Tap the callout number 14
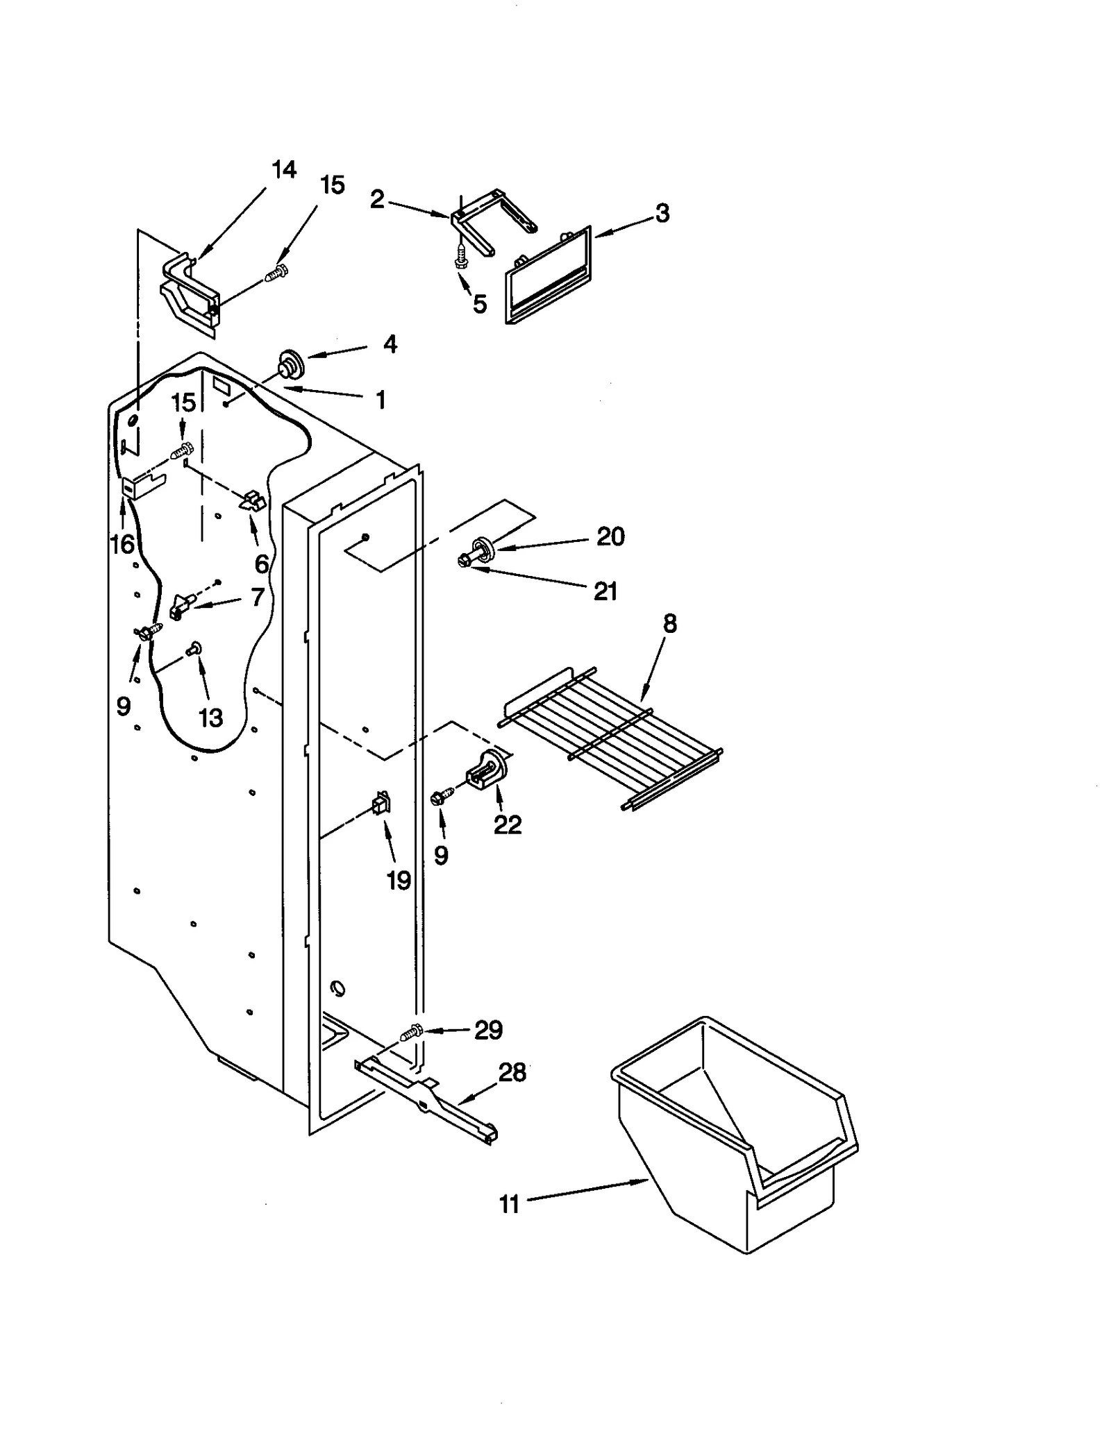tap(283, 169)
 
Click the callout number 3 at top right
tap(662, 213)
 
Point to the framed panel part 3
tap(549, 278)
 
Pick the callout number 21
tap(605, 591)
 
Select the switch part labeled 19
tap(381, 803)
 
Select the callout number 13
tap(210, 718)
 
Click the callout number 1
tap(381, 400)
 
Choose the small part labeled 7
tap(179, 605)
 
